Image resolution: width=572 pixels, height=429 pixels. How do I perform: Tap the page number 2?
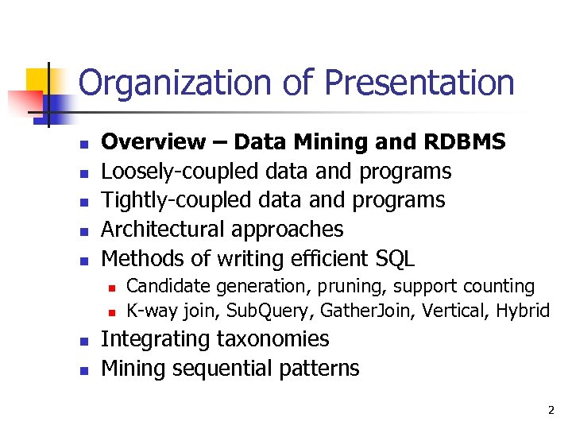point(550,411)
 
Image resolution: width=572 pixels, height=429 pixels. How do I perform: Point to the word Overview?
point(153,142)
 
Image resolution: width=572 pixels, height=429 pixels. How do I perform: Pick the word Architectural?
point(164,230)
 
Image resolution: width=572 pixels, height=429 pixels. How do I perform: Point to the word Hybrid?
point(523,310)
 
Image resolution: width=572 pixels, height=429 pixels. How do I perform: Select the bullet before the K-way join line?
point(113,311)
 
